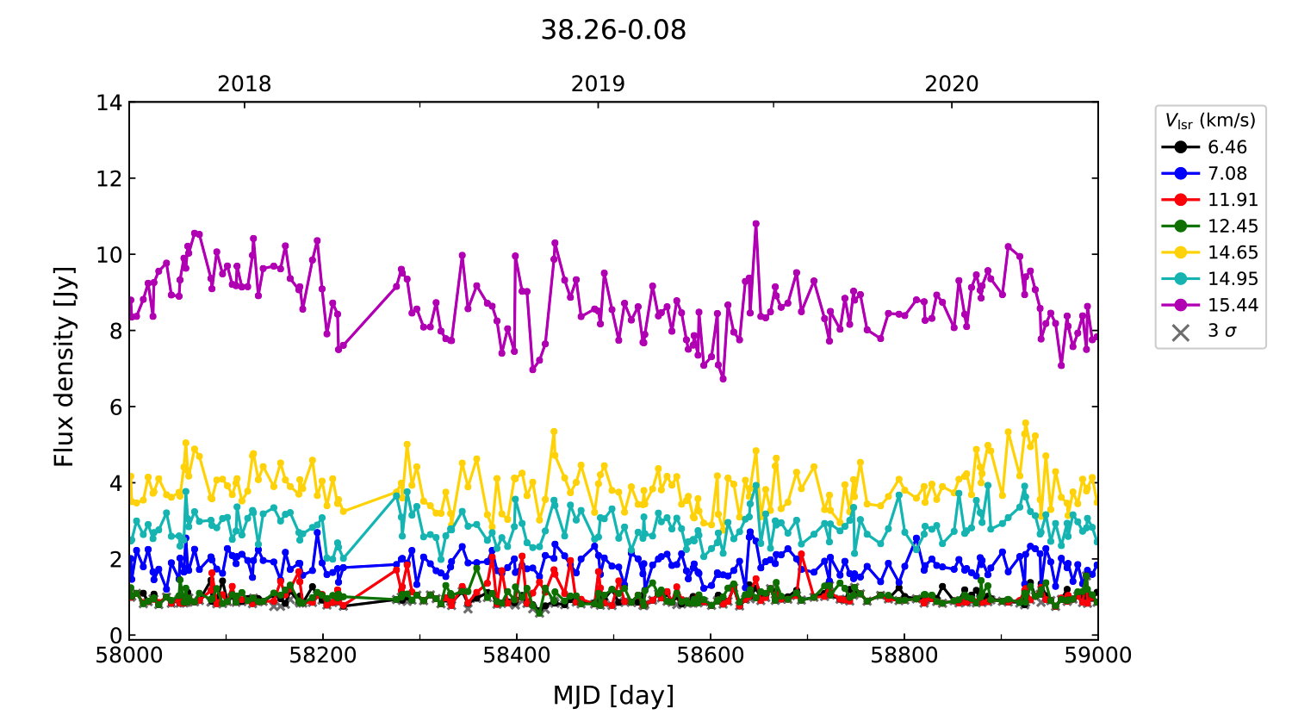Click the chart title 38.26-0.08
click(613, 30)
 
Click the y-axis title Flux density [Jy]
click(65, 367)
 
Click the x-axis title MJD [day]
click(613, 695)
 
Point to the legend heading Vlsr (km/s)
click(1210, 121)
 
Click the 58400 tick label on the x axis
click(517, 656)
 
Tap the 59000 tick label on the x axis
click(1097, 656)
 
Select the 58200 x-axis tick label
click(323, 656)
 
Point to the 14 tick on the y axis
click(109, 103)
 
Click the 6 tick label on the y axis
click(115, 407)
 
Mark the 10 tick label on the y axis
click(109, 255)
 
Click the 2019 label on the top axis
click(598, 84)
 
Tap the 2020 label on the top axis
click(952, 84)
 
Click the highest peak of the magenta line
click(755, 223)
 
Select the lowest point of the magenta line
click(723, 378)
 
